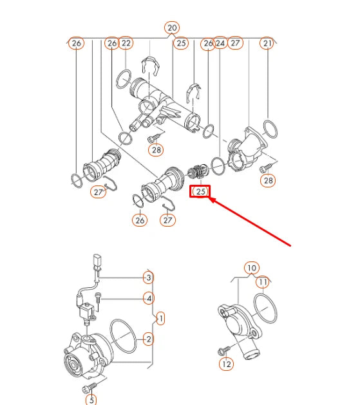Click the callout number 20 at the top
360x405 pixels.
pos(172,28)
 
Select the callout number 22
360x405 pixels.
pos(126,43)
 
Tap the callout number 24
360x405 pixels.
pos(220,43)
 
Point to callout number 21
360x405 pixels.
pos(267,43)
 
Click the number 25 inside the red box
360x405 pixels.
pos(201,191)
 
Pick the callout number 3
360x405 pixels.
pos(148,278)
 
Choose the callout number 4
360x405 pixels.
pos(148,298)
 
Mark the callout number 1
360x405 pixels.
pos(160,318)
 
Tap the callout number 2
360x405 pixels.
pos(148,339)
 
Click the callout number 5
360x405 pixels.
pos(91,400)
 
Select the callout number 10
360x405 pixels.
pos(251,268)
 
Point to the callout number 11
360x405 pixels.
pos(263,281)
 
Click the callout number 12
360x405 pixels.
pos(226,364)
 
